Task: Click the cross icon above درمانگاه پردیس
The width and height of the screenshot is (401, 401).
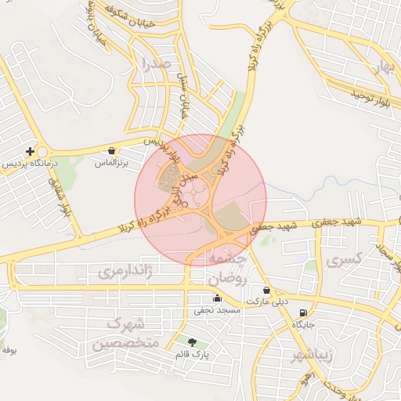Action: [30, 150]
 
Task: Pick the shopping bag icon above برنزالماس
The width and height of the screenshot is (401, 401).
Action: [111, 150]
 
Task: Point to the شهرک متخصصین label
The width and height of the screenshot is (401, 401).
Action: [125, 334]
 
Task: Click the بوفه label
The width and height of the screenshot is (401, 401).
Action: [9, 350]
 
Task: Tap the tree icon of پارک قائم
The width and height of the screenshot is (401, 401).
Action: [193, 341]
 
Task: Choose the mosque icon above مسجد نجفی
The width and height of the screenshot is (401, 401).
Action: [217, 298]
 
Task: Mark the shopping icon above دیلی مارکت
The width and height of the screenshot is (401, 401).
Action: [267, 290]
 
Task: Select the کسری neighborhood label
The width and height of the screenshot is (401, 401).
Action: [344, 258]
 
